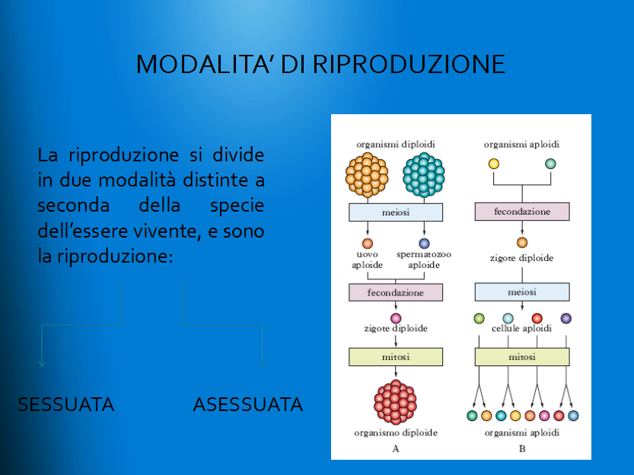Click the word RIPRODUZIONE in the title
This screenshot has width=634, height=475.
pyautogui.click(x=409, y=64)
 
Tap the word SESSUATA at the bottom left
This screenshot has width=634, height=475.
pyautogui.click(x=66, y=404)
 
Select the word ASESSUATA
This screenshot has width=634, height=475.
pyautogui.click(x=248, y=404)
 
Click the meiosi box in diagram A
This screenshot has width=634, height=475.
pyautogui.click(x=396, y=212)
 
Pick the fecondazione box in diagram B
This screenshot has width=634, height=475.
pyautogui.click(x=522, y=212)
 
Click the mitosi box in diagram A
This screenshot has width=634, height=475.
pyautogui.click(x=396, y=357)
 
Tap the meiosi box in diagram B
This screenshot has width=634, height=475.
pyautogui.click(x=522, y=292)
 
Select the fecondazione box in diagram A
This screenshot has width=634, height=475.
pyautogui.click(x=396, y=292)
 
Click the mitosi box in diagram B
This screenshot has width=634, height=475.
pyautogui.click(x=522, y=357)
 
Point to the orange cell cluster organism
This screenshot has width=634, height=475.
pyautogui.click(x=367, y=174)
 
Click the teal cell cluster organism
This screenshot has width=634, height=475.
pyautogui.click(x=424, y=174)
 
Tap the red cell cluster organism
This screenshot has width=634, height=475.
pyautogui.click(x=395, y=402)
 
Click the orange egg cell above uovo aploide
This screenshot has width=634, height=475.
pyautogui.click(x=367, y=244)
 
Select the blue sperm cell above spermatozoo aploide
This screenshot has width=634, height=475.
pyautogui.click(x=424, y=244)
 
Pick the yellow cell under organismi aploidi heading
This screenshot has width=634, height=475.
pyautogui.click(x=494, y=164)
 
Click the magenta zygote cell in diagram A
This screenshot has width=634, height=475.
pyautogui.click(x=396, y=318)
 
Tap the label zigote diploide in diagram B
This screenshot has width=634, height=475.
pyautogui.click(x=521, y=258)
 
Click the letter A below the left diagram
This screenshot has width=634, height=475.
pyautogui.click(x=396, y=448)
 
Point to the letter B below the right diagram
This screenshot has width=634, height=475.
pyautogui.click(x=522, y=448)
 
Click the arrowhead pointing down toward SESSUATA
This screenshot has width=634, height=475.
pyautogui.click(x=42, y=363)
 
